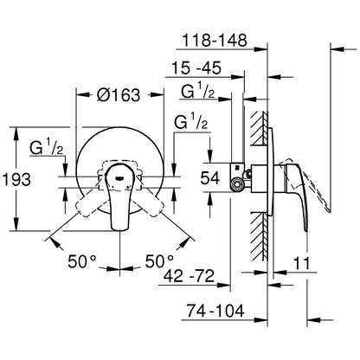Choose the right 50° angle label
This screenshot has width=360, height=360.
pos(160,260)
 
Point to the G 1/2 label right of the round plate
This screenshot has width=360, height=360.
pos(190,124)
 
